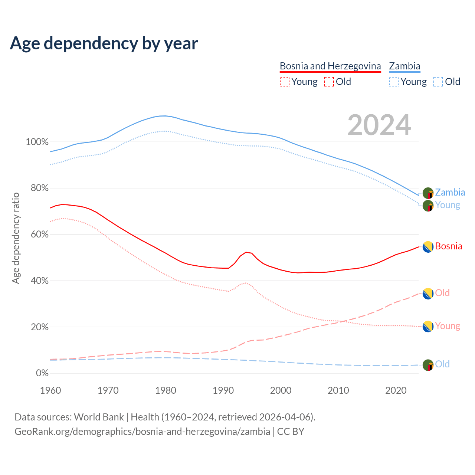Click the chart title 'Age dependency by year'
click(x=104, y=43)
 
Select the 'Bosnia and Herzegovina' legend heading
click(x=330, y=66)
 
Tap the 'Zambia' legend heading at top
click(x=404, y=66)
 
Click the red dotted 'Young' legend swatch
click(x=284, y=82)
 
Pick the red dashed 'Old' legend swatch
click(x=329, y=82)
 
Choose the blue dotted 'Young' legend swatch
click(x=394, y=82)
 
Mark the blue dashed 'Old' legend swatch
click(x=438, y=82)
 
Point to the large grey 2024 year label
click(x=379, y=125)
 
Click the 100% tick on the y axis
click(x=37, y=142)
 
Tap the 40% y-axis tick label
click(x=39, y=281)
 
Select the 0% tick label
click(x=42, y=373)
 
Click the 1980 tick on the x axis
click(x=166, y=390)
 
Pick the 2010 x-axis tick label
click(x=338, y=390)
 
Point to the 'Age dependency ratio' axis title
click(x=16, y=238)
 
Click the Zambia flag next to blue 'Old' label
click(x=428, y=365)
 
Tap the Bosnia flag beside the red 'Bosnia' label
click(x=428, y=247)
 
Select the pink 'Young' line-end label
click(x=448, y=326)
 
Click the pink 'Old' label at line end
click(x=442, y=293)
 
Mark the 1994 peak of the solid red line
click(x=246, y=252)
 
